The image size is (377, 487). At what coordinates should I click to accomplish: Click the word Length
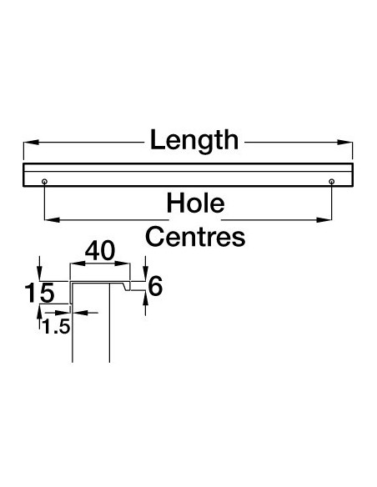tap(194, 141)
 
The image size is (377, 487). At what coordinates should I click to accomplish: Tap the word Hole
tap(195, 203)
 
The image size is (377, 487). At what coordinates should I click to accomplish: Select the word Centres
tap(195, 237)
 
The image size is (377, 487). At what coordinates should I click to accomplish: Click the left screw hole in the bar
tap(45, 182)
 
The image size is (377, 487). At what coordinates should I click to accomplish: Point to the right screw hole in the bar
tap(332, 182)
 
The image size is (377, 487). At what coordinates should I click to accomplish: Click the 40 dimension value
tap(100, 251)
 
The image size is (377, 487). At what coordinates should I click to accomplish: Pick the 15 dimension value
tap(39, 293)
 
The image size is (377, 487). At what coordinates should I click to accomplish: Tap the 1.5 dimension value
tap(56, 327)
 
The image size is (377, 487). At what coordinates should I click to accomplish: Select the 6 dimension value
tap(155, 286)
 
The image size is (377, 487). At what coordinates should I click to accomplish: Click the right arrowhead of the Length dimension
tap(345, 143)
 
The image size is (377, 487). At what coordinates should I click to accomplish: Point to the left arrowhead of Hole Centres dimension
tap(53, 220)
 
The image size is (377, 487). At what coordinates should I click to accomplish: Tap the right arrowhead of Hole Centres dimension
tap(324, 220)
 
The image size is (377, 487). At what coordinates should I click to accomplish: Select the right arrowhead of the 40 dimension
tap(123, 264)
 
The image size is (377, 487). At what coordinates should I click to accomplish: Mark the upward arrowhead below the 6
tap(145, 298)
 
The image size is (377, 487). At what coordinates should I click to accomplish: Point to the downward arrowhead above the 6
tap(145, 274)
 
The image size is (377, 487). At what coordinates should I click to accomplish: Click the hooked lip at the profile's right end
tap(127, 286)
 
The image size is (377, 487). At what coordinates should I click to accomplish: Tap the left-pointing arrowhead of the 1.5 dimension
tap(79, 313)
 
